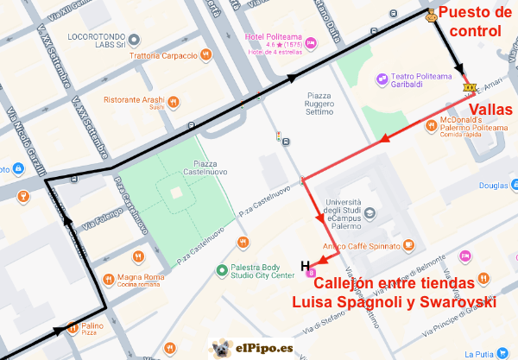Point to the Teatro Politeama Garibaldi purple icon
[x=381, y=79]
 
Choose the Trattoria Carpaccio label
[x=163, y=56]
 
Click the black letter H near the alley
[x=304, y=265]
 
